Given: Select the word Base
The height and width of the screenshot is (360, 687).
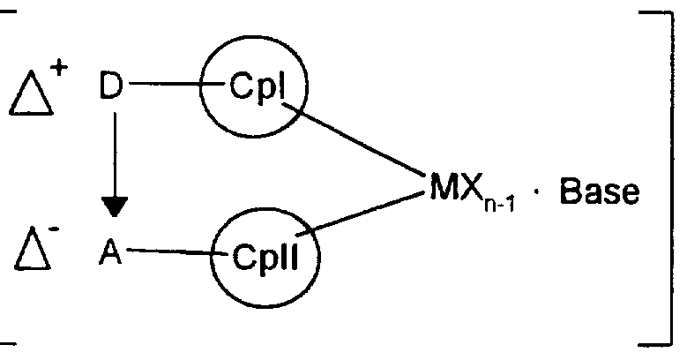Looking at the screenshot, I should (598, 191).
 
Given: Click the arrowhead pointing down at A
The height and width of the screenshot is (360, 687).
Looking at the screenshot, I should (115, 208).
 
